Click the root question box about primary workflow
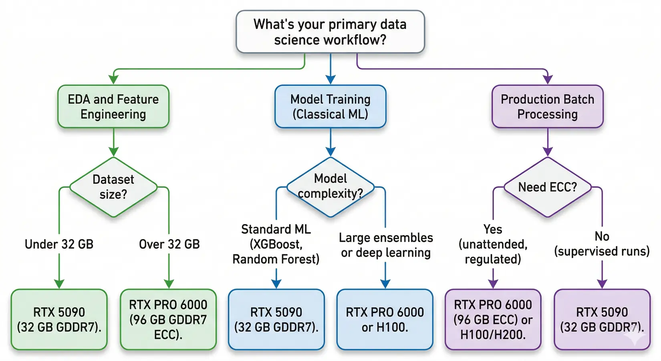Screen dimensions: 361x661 click(330, 32)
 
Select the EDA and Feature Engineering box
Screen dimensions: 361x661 click(113, 107)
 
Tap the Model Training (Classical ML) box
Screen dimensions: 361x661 click(330, 107)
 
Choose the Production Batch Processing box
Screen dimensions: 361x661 click(547, 107)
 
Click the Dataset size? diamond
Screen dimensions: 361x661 click(113, 187)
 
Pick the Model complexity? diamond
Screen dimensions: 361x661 click(330, 187)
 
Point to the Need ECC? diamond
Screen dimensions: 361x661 click(547, 187)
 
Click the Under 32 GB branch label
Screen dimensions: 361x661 click(59, 244)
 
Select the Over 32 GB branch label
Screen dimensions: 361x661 click(169, 244)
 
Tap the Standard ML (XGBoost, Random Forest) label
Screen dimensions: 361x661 click(276, 244)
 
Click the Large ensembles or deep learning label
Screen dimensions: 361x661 click(385, 245)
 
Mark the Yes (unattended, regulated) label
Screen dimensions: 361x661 click(493, 244)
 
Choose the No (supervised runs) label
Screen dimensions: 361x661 click(602, 244)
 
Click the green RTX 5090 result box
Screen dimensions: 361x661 click(59, 319)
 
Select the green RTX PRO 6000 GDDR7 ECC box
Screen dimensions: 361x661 click(168, 319)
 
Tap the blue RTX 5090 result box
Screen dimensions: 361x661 click(276, 319)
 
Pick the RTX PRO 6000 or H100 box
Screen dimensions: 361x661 click(385, 319)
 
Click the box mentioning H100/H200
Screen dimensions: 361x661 click(493, 319)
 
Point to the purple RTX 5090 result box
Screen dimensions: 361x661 click(602, 319)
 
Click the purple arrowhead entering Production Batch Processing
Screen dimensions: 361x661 click(547, 79)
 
